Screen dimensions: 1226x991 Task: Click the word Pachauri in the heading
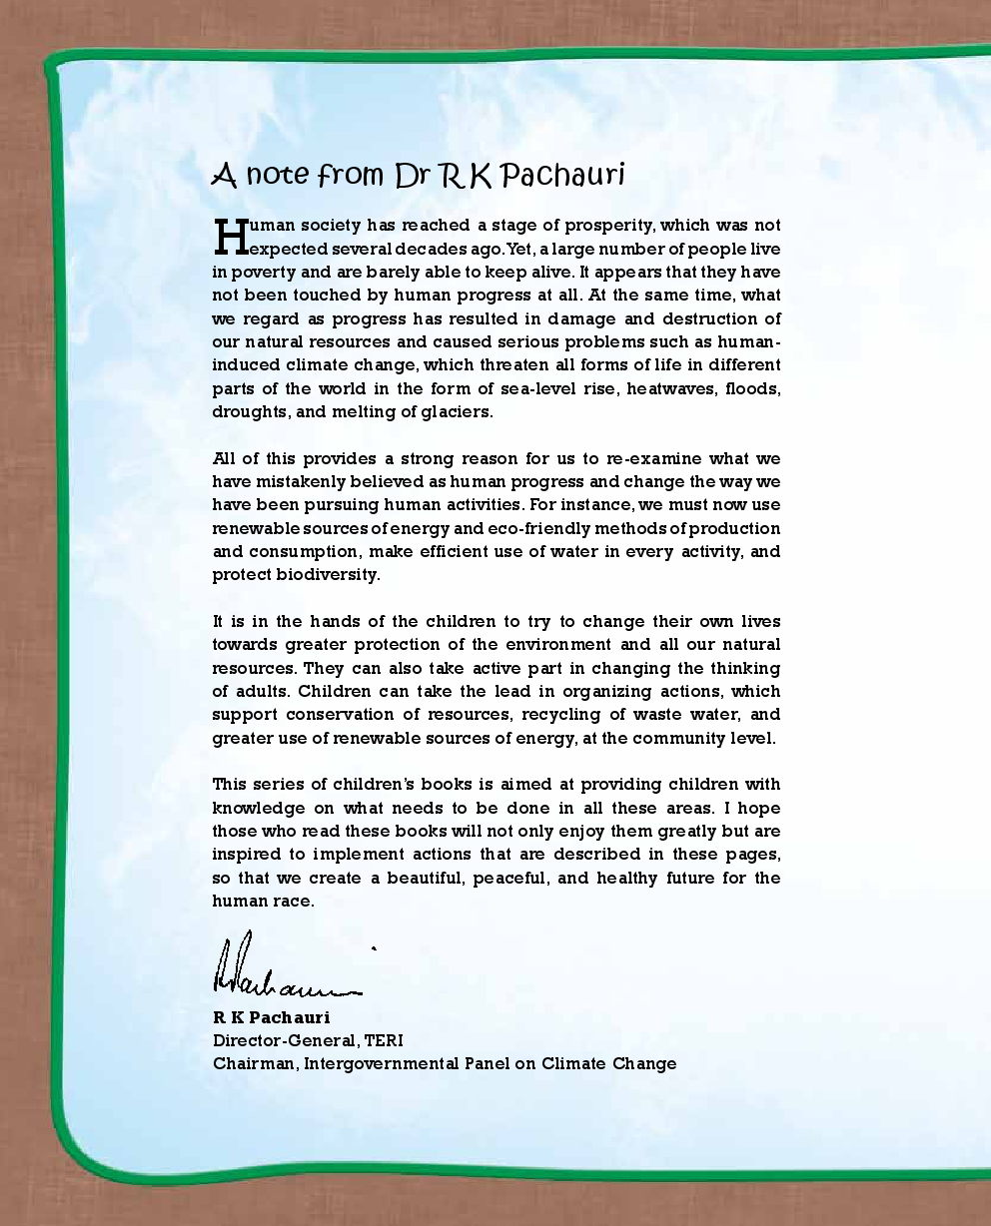click(562, 176)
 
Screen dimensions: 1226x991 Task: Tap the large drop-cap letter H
click(230, 237)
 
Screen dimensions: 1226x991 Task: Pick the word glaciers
click(457, 411)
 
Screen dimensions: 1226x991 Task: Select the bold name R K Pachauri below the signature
click(271, 1018)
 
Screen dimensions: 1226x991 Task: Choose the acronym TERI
click(384, 1040)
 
